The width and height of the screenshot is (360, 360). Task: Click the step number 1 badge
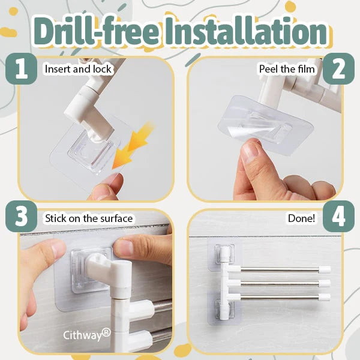pos(22,68)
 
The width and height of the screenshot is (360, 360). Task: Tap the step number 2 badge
pos(338,68)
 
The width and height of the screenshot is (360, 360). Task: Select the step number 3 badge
pos(22,216)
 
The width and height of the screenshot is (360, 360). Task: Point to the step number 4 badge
pos(338,216)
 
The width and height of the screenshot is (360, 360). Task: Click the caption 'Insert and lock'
pos(78,69)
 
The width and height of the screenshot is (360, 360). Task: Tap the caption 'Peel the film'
pos(287,69)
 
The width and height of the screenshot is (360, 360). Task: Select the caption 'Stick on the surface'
pos(89,218)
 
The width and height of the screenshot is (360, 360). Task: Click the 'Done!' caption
pos(301,218)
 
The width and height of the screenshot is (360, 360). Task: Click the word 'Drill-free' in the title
pos(96,31)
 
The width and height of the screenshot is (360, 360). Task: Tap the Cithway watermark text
pos(87,335)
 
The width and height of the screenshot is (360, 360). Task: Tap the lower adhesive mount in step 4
pos(224,310)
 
